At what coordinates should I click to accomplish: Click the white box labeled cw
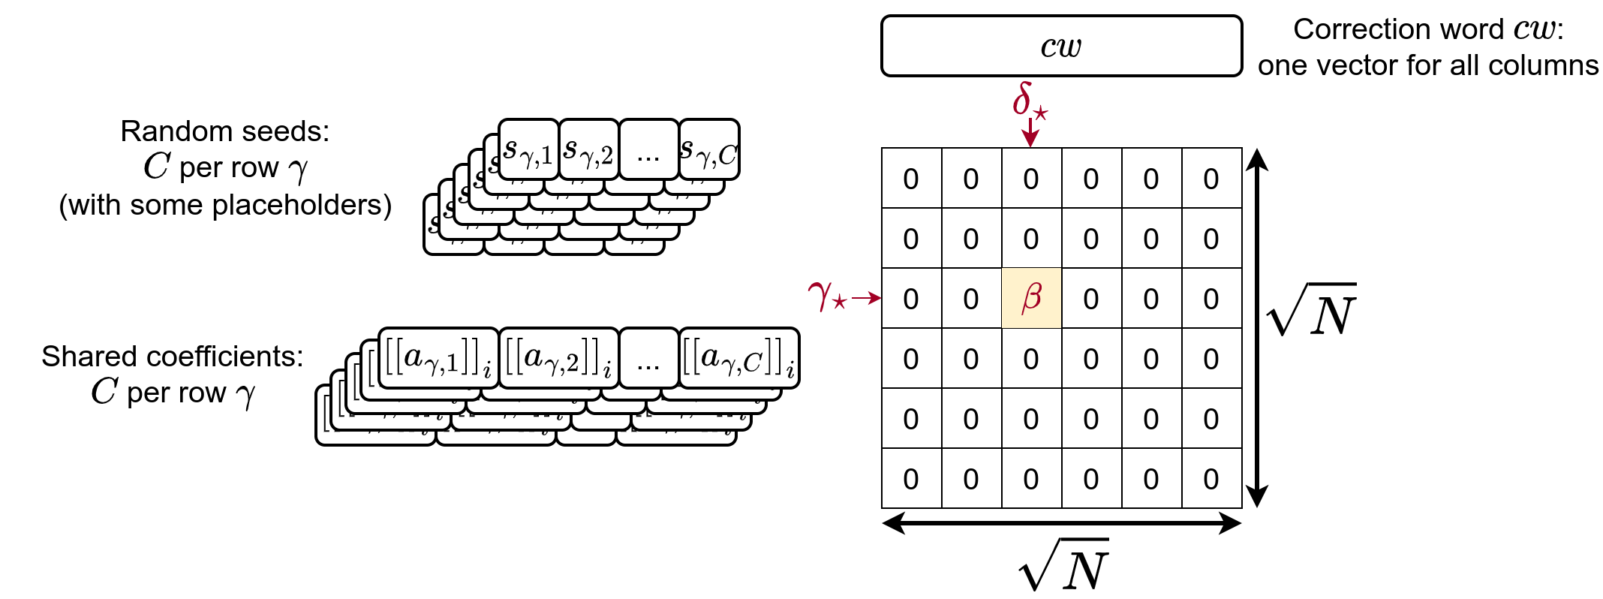pos(1061,46)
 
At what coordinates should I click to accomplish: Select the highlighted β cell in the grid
pos(1031,298)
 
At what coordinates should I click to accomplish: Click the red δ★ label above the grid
pos(1029,101)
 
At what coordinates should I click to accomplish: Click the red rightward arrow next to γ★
pos(866,298)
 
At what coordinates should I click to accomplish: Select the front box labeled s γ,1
pos(529,150)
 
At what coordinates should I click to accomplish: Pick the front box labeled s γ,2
pos(589,150)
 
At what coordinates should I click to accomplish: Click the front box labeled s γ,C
pos(709,150)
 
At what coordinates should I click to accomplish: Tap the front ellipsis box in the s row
pos(648,150)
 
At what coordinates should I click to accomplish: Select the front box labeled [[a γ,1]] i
pos(439,358)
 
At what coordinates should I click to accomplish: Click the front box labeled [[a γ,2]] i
pos(559,358)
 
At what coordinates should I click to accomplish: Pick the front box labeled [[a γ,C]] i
pos(739,358)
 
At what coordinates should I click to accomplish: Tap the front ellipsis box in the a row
pos(648,358)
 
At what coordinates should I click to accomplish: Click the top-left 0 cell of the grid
pos(911,179)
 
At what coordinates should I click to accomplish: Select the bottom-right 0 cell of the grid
pos(1211,478)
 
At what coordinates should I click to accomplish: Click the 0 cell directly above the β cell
pos(1031,239)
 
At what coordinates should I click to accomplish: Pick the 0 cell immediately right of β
pos(1091,298)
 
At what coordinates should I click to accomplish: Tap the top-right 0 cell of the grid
pos(1211,179)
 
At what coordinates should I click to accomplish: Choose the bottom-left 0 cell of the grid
pos(911,478)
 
